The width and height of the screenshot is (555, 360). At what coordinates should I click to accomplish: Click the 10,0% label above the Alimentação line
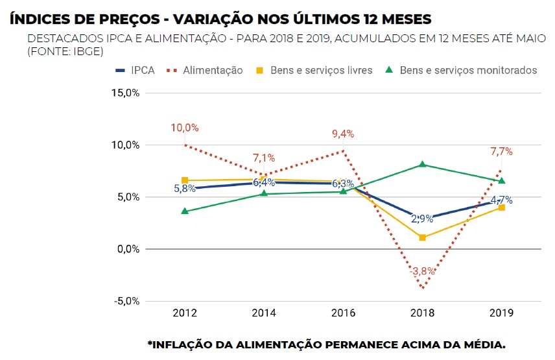pos(185,128)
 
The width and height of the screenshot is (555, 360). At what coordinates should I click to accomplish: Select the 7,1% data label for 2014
pos(264,158)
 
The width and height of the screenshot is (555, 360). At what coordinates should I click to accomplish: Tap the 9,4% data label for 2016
pos(343,134)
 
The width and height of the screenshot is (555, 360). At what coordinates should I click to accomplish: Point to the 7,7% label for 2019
pos(501,152)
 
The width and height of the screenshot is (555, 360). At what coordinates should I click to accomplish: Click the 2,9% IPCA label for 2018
pos(422,219)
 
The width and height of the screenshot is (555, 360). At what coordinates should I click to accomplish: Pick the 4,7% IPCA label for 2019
pos(501,200)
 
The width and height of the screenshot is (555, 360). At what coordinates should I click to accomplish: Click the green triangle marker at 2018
pos(422,165)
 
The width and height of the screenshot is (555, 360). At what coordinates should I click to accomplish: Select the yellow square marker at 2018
pos(422,237)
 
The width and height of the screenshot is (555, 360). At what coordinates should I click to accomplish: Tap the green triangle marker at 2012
pos(185,211)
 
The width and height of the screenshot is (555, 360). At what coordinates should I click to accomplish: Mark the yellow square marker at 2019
pos(501,208)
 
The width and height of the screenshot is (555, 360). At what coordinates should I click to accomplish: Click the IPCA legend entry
pos(135,70)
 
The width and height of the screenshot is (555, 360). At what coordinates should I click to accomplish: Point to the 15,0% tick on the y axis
pos(126,93)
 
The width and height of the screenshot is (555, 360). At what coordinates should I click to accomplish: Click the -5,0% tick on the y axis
pos(126,301)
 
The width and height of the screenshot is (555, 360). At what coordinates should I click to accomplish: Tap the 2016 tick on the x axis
pos(343,313)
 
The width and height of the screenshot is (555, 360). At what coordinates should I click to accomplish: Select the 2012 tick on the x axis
pos(185,313)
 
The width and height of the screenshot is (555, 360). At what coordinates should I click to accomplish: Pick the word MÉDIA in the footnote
pos(480,344)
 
